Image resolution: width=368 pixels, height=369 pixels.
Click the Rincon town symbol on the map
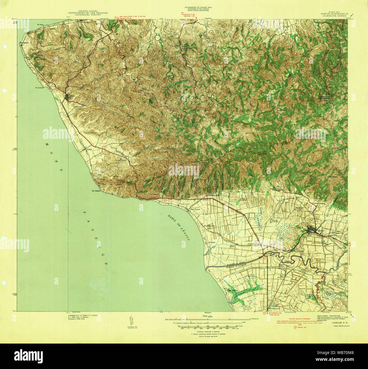68,98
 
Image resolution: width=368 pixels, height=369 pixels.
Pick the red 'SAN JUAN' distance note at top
132,17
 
